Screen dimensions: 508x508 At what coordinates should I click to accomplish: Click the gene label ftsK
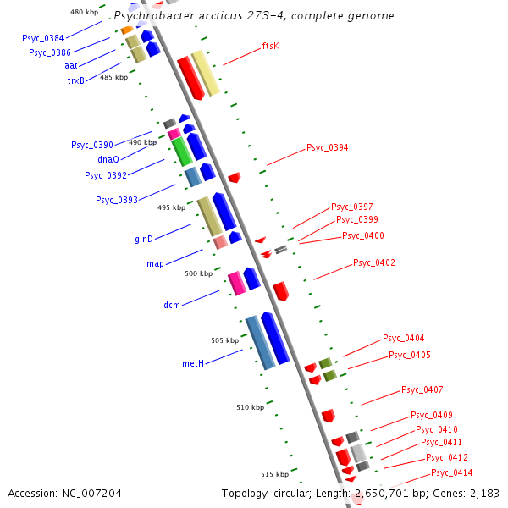271,46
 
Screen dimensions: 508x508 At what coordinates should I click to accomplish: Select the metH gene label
193,363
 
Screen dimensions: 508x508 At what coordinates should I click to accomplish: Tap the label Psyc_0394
327,147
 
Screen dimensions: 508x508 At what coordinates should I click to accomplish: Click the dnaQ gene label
108,159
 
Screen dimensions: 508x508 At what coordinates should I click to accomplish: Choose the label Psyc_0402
373,262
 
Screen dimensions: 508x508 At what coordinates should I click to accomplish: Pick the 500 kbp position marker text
198,273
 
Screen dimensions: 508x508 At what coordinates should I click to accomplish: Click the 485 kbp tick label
113,77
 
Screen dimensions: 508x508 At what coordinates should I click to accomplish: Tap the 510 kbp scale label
251,407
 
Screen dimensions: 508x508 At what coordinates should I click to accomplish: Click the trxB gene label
76,81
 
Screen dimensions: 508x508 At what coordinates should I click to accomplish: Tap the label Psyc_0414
451,472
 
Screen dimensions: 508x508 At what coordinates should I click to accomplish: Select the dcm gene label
172,305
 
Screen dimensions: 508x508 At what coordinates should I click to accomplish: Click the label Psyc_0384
43,38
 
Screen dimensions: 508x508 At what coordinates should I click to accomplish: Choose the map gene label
155,263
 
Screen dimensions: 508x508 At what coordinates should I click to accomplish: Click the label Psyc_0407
422,389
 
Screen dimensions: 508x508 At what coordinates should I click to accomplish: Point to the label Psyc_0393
117,200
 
